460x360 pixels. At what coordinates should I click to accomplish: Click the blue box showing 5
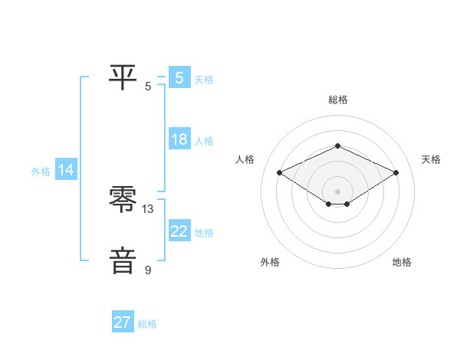[x=179, y=77]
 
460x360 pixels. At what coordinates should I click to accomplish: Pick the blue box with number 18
[x=179, y=139]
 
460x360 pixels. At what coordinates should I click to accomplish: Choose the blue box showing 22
[x=179, y=231]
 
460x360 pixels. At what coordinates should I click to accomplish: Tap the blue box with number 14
[x=66, y=170]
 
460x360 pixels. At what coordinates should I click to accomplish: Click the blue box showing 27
[x=123, y=322]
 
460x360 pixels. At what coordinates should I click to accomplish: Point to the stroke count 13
[x=148, y=208]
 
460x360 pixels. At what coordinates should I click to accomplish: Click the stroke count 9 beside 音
[x=148, y=270]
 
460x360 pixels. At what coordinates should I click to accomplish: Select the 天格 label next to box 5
[x=204, y=79]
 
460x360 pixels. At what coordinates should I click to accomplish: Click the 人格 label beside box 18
[x=204, y=141]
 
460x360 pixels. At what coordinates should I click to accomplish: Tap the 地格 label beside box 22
[x=204, y=233]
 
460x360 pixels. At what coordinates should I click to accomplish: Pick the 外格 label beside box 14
[x=41, y=172]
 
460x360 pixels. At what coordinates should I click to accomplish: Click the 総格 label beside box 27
[x=147, y=324]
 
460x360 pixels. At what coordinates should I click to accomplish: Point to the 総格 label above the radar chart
[x=337, y=100]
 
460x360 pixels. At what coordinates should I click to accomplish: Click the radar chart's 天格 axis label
[x=431, y=159]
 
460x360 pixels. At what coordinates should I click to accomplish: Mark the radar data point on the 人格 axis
[x=280, y=173]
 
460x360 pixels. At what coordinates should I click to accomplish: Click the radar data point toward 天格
[x=396, y=173]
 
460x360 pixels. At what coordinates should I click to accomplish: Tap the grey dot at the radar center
[x=337, y=191]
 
